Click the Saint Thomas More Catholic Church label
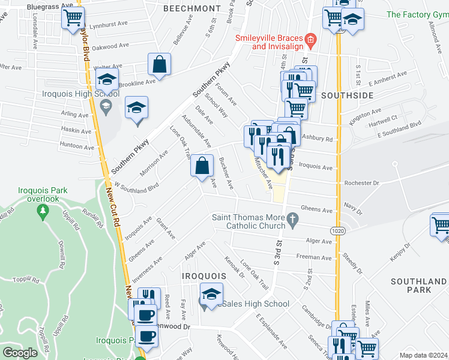point(249,221)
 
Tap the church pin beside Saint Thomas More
point(293,218)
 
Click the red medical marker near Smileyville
point(310,41)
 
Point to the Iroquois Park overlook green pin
point(42,211)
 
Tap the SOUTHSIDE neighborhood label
point(347,95)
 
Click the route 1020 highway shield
point(337,230)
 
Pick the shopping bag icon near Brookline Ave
point(160,64)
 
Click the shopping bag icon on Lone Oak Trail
point(202,165)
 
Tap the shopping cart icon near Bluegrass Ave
point(73,17)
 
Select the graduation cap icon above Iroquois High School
point(107,79)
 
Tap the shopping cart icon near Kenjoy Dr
point(441,226)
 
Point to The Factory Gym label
point(418,14)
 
